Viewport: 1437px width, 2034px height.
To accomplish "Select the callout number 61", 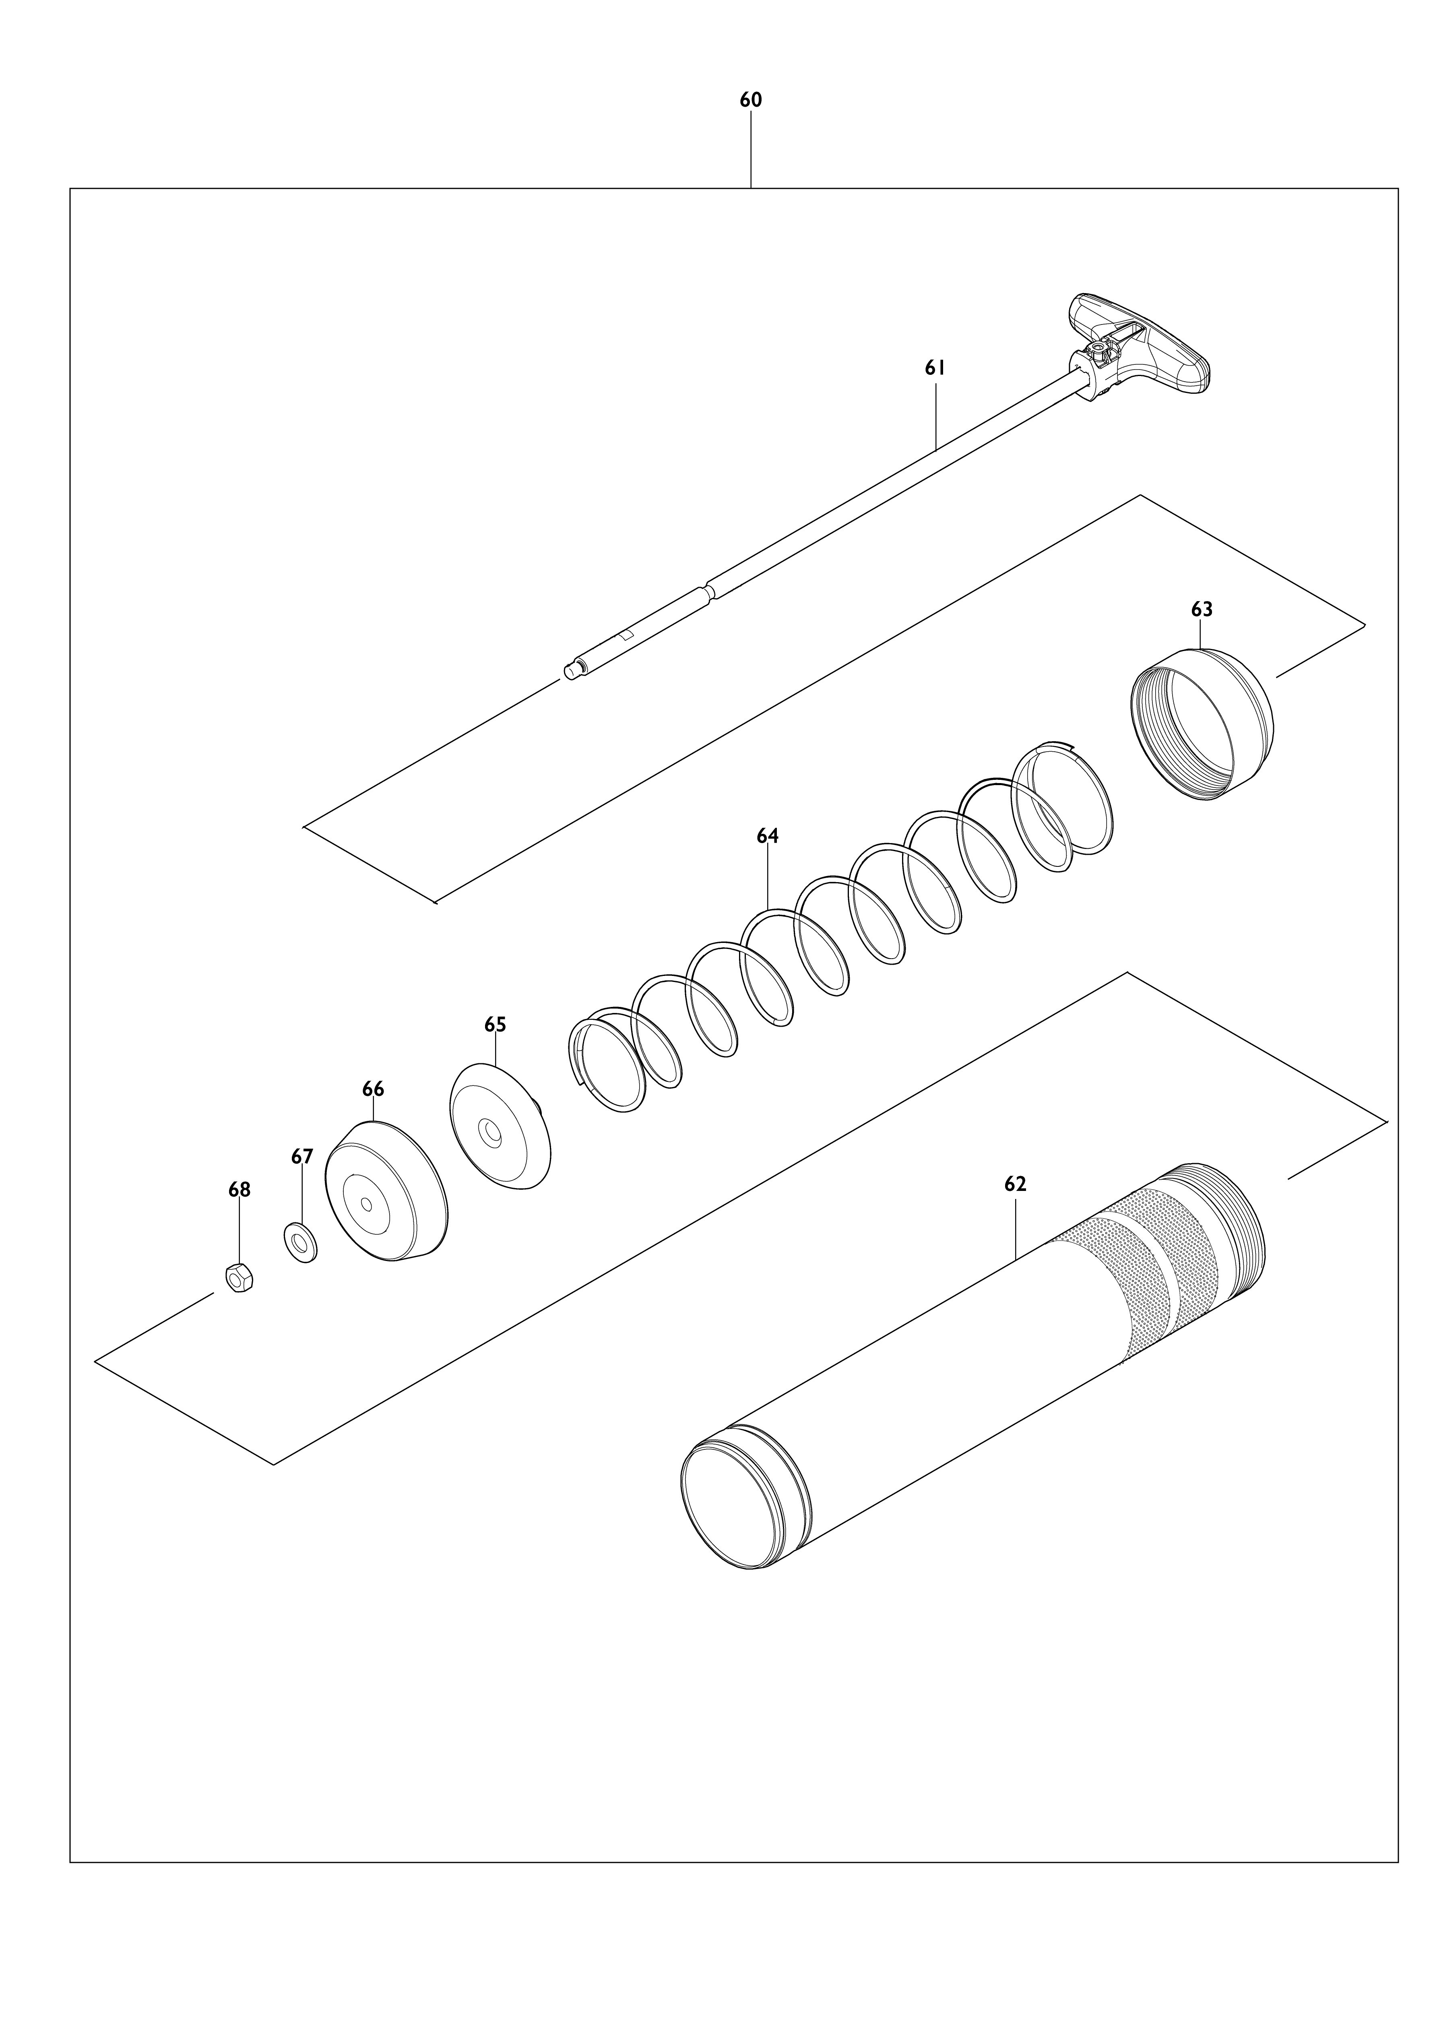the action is point(935,368).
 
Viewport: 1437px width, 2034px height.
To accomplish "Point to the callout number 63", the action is point(1202,610).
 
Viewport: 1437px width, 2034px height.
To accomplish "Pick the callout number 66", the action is point(373,1089).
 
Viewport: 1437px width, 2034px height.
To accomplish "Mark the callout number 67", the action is point(302,1156).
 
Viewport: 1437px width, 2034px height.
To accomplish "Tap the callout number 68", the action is point(239,1190).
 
